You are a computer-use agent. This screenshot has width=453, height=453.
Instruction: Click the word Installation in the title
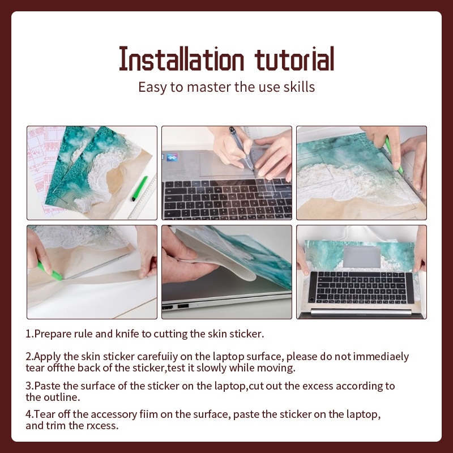point(181,59)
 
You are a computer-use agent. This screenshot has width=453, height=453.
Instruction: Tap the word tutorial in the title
point(294,59)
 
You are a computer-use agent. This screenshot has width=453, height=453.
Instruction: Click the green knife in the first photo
point(139,189)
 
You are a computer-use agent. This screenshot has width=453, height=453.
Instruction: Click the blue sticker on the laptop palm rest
point(172,158)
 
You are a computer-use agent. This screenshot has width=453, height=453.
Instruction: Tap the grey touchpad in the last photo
point(362,257)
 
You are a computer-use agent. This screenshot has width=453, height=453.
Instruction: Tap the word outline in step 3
point(62,398)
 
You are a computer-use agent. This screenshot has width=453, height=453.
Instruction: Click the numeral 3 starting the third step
point(28,386)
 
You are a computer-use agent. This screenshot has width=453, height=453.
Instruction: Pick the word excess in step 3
point(318,386)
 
